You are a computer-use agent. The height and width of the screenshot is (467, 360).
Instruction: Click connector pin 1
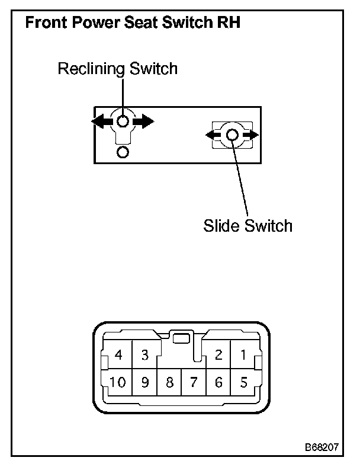click(243, 355)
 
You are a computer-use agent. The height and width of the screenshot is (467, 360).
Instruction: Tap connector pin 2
click(218, 355)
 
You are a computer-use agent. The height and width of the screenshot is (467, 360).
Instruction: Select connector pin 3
click(144, 355)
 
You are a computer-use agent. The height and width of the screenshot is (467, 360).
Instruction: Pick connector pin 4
click(119, 355)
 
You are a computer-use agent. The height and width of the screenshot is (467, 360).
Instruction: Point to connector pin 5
click(243, 382)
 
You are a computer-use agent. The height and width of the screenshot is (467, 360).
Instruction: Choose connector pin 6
click(218, 382)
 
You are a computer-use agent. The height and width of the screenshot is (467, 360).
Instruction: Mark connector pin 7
click(194, 382)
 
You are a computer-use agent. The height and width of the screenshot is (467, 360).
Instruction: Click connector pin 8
click(169, 382)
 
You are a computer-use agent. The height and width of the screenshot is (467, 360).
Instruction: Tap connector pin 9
click(144, 382)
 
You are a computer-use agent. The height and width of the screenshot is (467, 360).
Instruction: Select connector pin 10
click(118, 382)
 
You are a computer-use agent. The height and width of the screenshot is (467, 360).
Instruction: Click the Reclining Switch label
click(117, 69)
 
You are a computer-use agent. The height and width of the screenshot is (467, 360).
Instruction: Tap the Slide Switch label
click(247, 226)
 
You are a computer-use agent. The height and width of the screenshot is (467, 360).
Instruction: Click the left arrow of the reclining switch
click(102, 121)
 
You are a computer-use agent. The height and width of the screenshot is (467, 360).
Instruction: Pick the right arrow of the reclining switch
click(144, 121)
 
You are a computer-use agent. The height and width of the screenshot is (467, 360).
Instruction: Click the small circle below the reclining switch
click(123, 153)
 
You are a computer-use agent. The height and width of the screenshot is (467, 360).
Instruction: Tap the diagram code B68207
click(322, 446)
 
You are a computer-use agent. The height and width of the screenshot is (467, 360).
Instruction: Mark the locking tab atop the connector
click(181, 339)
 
